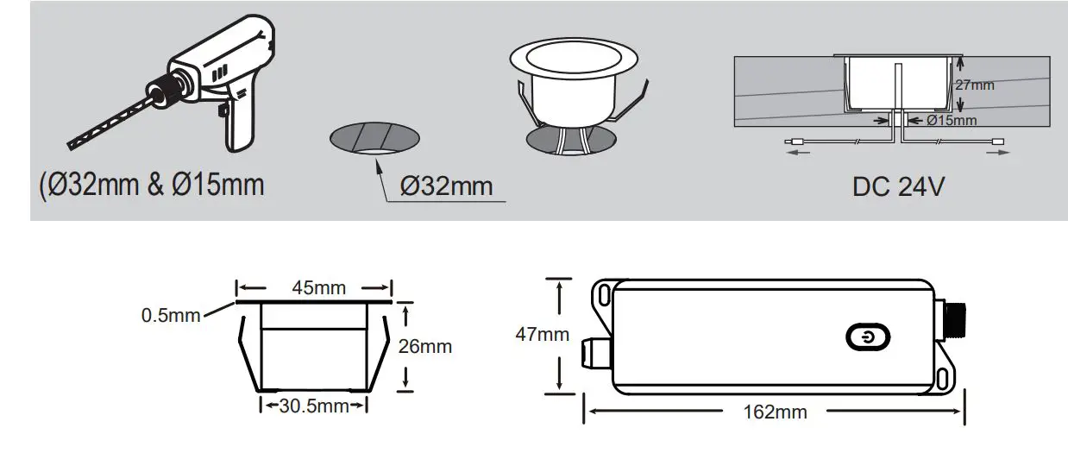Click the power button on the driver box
pos(864,338)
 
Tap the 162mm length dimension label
pos(775,412)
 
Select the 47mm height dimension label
pos(542,334)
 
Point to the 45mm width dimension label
pos(314,287)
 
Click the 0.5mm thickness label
pos(170,316)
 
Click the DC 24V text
pos(898,186)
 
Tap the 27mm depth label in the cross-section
pos(976,85)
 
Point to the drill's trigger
pos(223,110)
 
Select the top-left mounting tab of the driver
pos(603,295)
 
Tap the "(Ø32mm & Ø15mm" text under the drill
pos(152,185)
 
